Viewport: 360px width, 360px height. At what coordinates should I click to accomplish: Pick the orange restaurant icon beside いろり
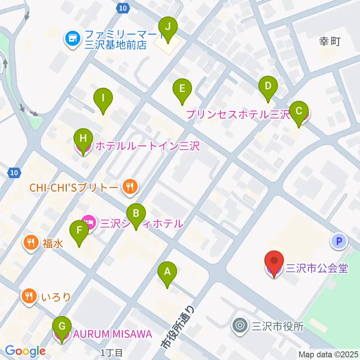tap(30, 297)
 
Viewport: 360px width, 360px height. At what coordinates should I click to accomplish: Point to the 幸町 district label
tap(330, 42)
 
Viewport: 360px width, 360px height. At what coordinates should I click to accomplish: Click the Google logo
tap(25, 351)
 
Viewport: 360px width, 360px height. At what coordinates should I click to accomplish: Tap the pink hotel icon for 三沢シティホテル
tap(88, 222)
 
